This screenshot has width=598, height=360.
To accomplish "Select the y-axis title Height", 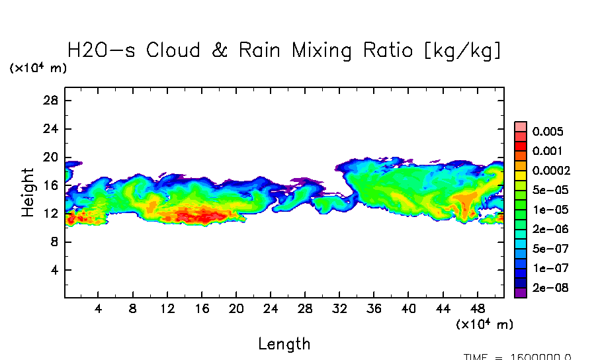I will pyautogui.click(x=28, y=193).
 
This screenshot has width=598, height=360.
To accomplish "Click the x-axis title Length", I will pyautogui.click(x=284, y=344).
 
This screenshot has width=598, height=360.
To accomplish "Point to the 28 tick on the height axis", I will pyautogui.click(x=52, y=101).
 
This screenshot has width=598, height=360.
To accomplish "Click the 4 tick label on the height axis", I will pyautogui.click(x=55, y=270).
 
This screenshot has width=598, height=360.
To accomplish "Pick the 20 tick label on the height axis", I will pyautogui.click(x=52, y=157).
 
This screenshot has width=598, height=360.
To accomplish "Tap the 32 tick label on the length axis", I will pyautogui.click(x=339, y=309).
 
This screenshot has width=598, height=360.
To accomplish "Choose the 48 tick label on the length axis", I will pyautogui.click(x=477, y=309).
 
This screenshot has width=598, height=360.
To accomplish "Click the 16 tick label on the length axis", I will pyautogui.click(x=202, y=309).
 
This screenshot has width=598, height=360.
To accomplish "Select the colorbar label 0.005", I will pyautogui.click(x=547, y=132).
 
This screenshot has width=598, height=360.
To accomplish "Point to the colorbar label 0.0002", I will pyautogui.click(x=551, y=171).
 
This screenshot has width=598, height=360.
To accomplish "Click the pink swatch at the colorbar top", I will pyautogui.click(x=521, y=126).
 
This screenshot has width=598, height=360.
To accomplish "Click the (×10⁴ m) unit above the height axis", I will pyautogui.click(x=38, y=68).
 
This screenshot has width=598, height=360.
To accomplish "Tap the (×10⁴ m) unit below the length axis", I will pyautogui.click(x=484, y=324).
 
